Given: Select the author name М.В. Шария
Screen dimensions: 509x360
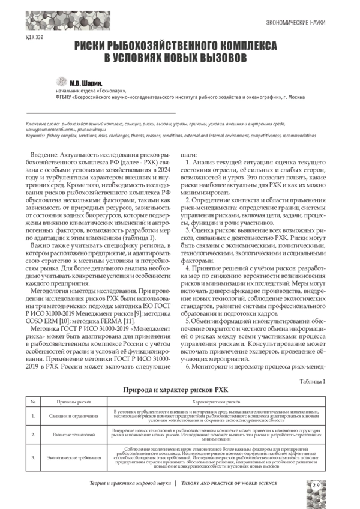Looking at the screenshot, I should pyautogui.click(x=86, y=82).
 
